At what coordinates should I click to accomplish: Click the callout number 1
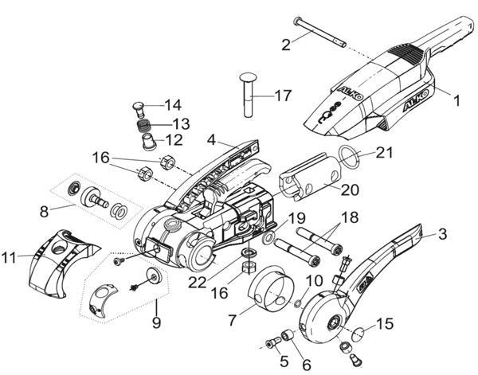click(456, 102)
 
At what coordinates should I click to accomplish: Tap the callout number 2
click(285, 46)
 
